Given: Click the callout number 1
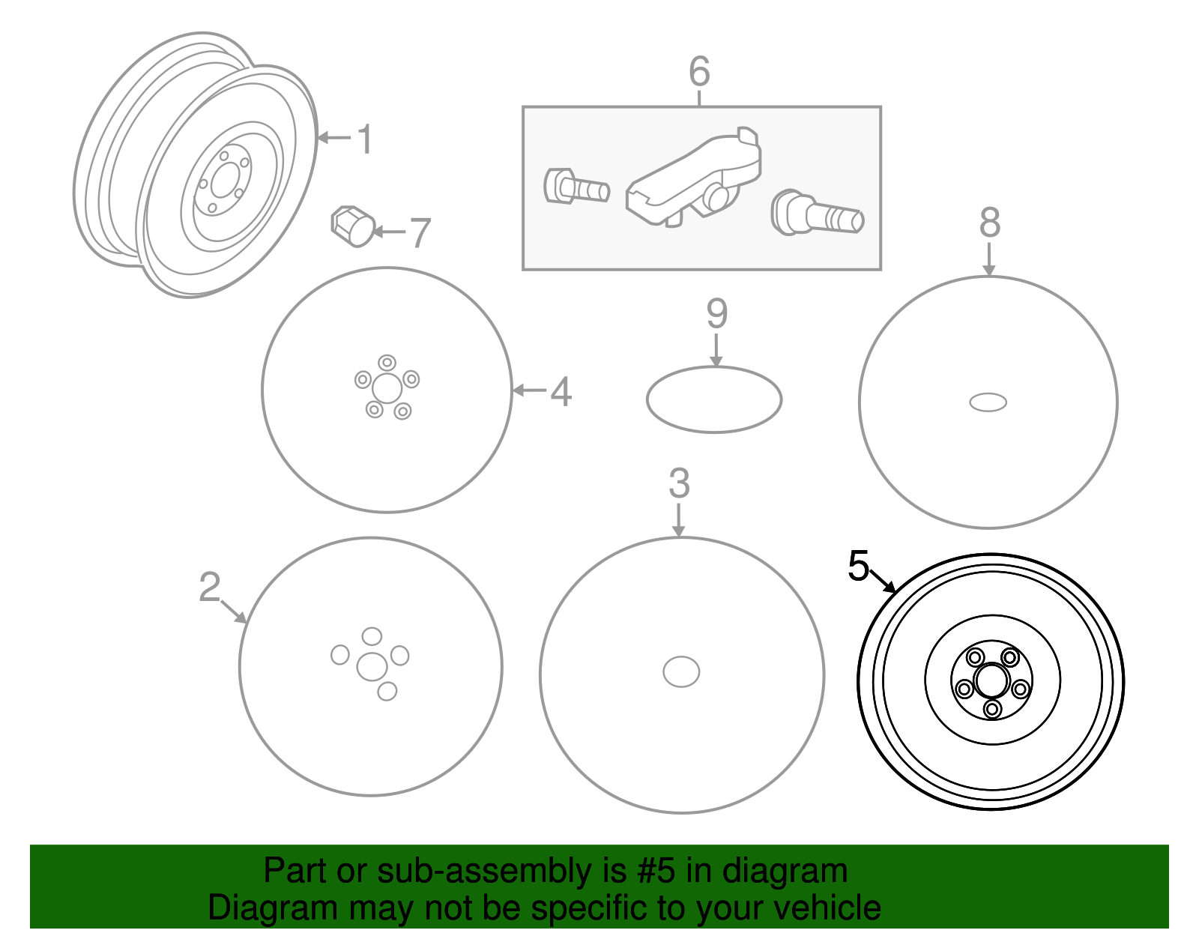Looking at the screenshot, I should tap(364, 139).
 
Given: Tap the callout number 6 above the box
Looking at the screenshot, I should tap(698, 72).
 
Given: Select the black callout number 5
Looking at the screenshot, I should tap(858, 566).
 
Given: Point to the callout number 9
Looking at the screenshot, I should tap(716, 314).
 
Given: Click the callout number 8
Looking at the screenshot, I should tap(989, 223).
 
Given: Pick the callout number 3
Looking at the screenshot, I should tap(679, 483).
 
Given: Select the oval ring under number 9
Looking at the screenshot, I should tap(713, 399).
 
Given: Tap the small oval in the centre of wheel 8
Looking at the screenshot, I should tap(988, 402).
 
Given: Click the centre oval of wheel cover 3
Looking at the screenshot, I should tap(681, 671).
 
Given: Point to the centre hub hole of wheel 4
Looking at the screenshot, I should tap(387, 388).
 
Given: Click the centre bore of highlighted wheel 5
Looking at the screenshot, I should tap(991, 681).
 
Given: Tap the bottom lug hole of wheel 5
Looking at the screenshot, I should tap(992, 708).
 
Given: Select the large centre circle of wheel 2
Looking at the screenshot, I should tap(372, 666).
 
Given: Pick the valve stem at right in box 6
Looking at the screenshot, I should tap(817, 214).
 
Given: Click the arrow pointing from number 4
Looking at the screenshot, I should tap(529, 390).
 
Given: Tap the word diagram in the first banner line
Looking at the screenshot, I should tap(785, 872).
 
